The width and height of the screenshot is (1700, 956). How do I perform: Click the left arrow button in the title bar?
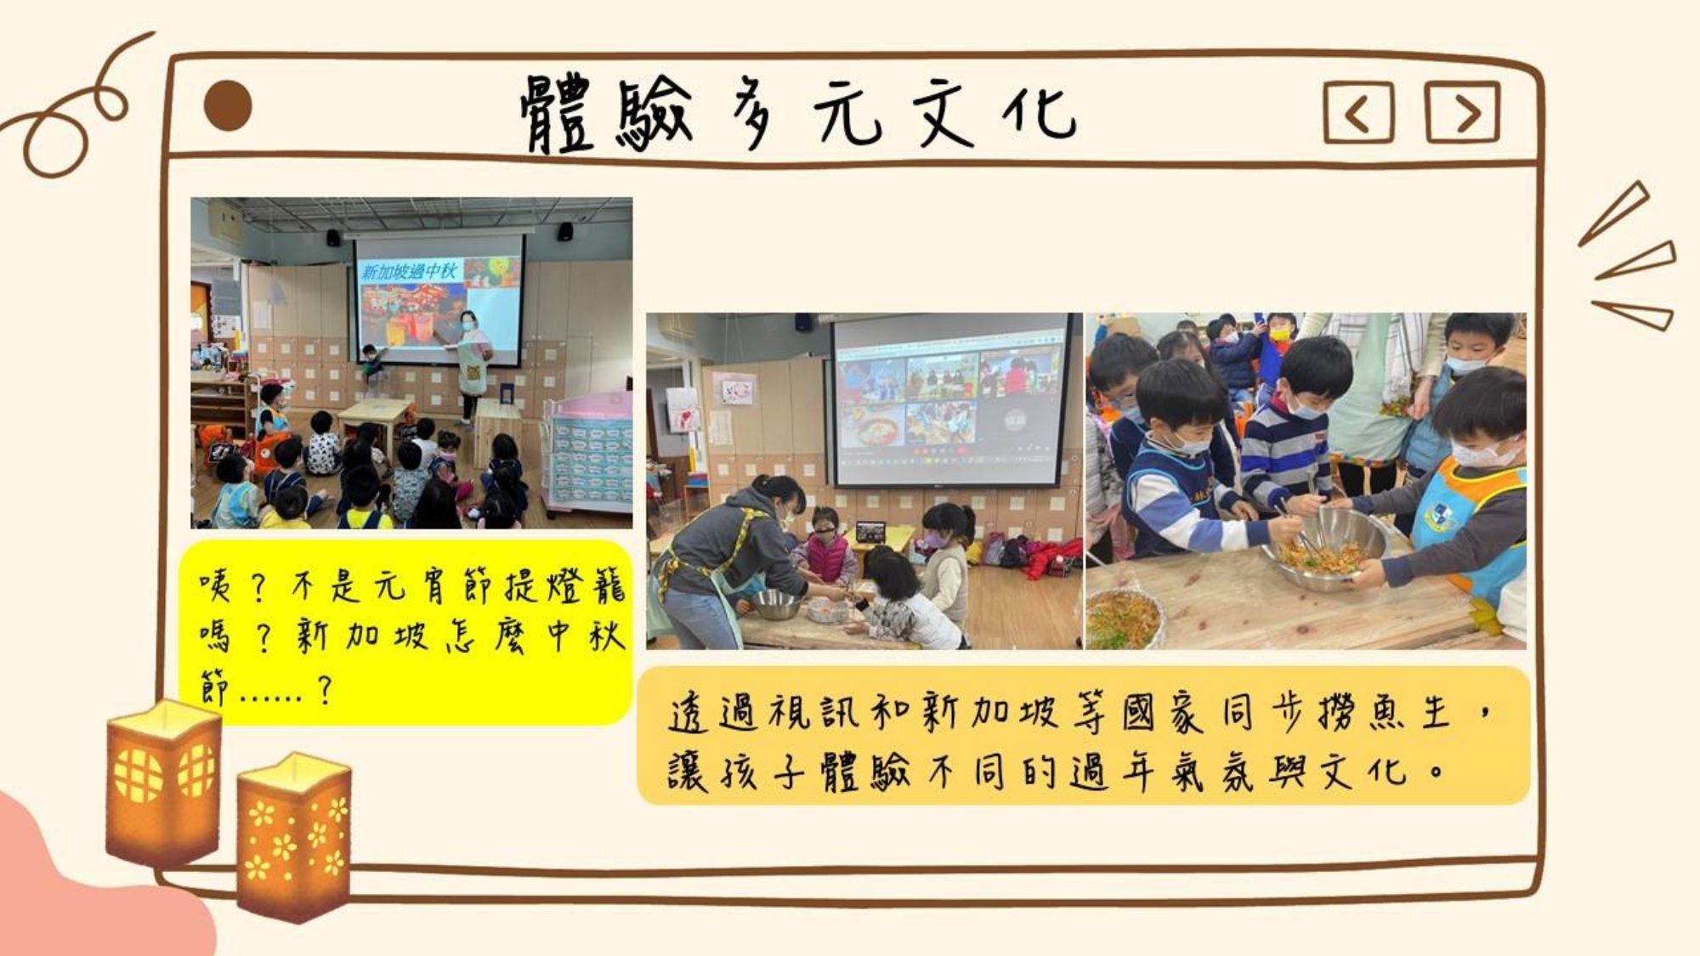[1358, 112]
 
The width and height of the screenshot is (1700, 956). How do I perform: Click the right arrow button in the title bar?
[1462, 111]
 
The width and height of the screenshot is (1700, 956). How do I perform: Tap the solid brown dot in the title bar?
[228, 106]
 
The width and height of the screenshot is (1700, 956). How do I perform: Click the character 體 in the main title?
[558, 114]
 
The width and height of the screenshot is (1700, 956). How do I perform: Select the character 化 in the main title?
[1039, 112]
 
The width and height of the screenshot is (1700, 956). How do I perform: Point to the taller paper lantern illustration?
[163, 782]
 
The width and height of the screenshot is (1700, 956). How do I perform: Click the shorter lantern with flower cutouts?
[294, 836]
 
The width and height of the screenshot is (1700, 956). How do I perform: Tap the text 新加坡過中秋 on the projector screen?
[410, 271]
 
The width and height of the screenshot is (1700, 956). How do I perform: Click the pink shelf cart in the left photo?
[588, 455]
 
